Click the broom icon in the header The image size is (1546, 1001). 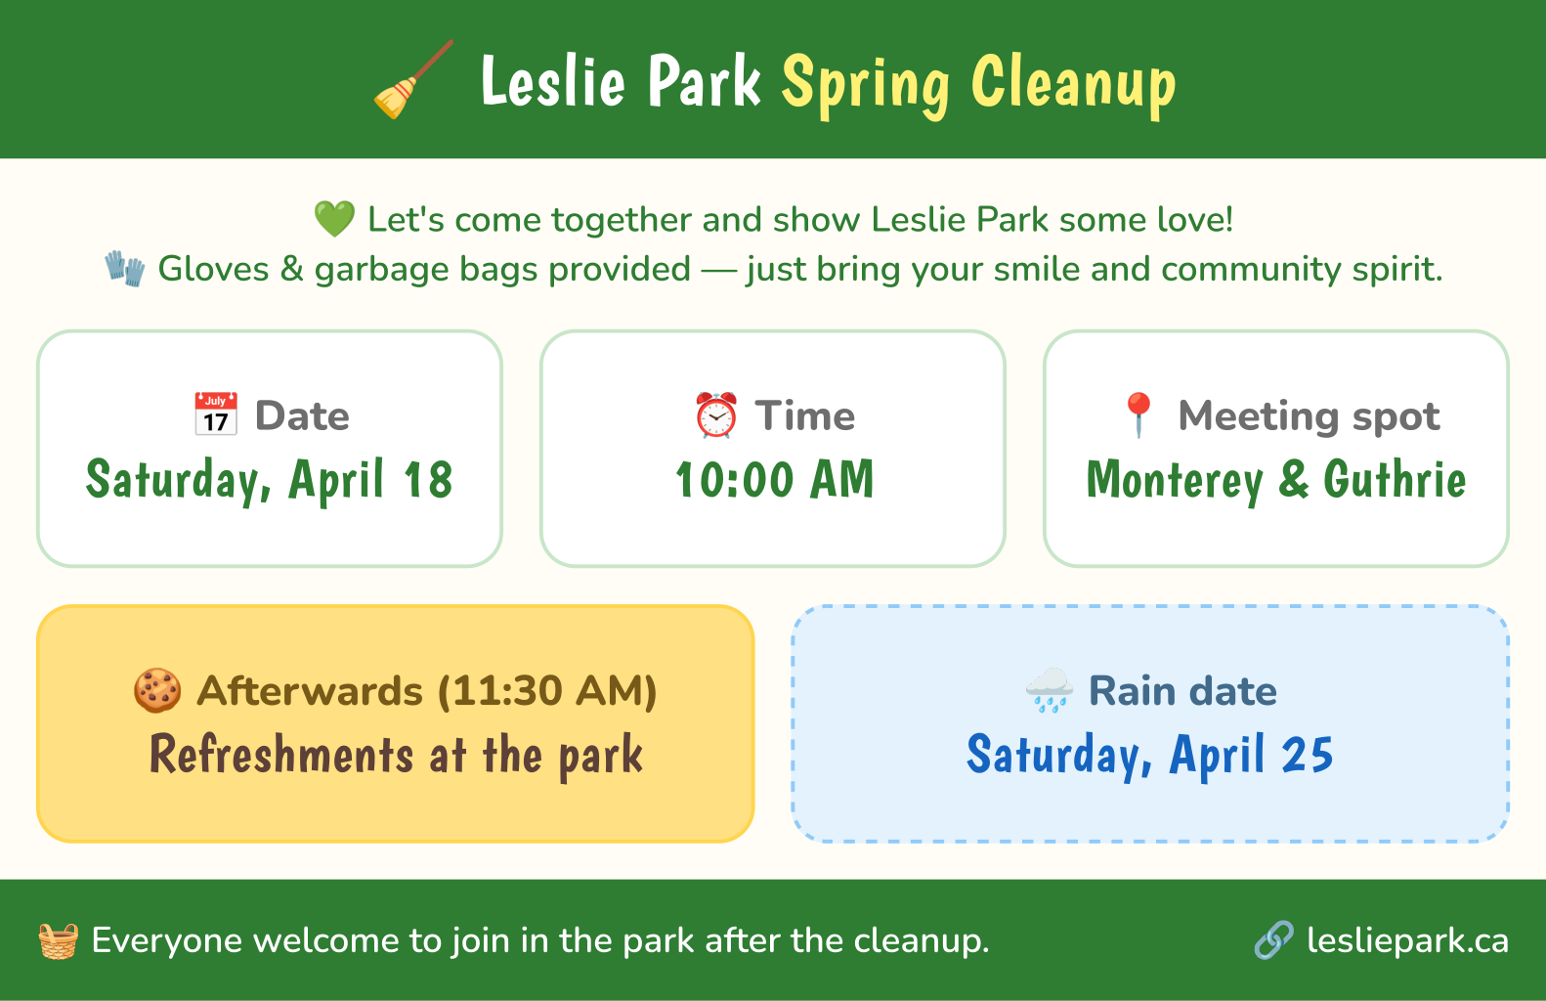tap(413, 79)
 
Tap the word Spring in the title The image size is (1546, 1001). tap(866, 85)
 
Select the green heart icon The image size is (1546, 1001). tap(335, 220)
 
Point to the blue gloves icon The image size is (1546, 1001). tap(125, 269)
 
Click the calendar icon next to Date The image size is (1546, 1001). tap(216, 414)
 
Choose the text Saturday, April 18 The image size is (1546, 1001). tap(269, 481)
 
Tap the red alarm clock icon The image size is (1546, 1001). tap(715, 414)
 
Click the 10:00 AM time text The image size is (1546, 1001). tap(774, 479)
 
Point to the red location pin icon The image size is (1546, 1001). tap(1138, 414)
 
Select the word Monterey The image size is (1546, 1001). tap(1175, 481)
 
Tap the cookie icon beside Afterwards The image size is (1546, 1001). tap(157, 690)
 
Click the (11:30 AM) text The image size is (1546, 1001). tap(547, 691)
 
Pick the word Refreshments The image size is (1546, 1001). tap(281, 754)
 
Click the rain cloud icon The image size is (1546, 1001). tap(1050, 690)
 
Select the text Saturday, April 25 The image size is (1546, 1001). tap(1150, 756)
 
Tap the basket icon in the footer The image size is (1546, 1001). tap(59, 940)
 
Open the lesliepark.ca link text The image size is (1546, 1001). tap(1408, 940)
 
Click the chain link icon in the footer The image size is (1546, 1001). tap(1274, 940)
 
